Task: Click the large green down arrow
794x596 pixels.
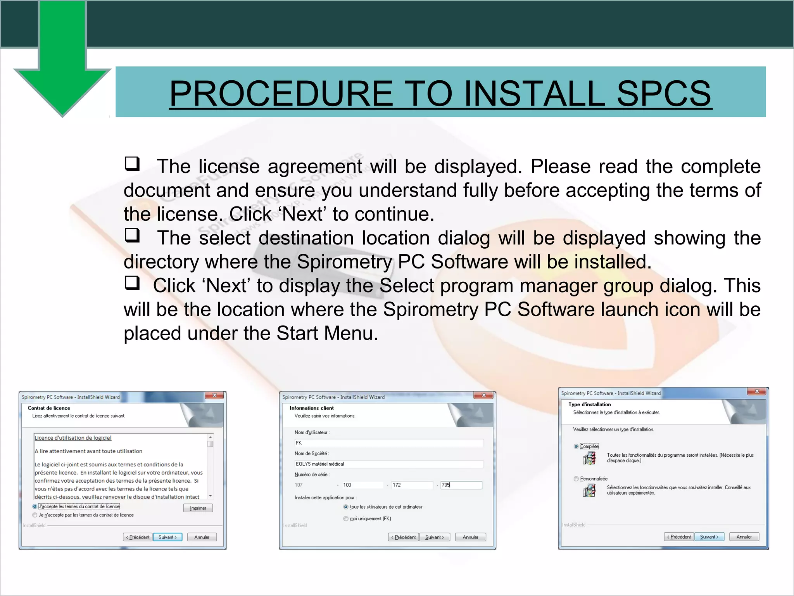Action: tap(62, 66)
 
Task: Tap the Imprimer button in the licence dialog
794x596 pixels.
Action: tap(198, 508)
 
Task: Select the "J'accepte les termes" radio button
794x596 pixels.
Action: tap(35, 506)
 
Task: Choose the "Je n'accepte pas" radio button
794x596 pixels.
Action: tap(35, 515)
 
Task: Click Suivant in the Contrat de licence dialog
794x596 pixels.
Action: tap(167, 537)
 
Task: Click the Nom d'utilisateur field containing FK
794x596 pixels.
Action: tap(388, 443)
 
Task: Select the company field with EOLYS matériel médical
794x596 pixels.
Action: tap(388, 464)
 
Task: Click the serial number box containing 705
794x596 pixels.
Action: tap(461, 485)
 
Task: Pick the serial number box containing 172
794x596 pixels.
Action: tap(411, 485)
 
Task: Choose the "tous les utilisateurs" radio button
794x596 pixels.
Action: tap(346, 507)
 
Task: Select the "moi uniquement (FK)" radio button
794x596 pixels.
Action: tap(346, 518)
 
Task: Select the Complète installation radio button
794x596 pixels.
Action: tap(576, 446)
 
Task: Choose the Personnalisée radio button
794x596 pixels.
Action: tap(576, 479)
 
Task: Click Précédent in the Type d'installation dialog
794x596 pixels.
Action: tap(679, 537)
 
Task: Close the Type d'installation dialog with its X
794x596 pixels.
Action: tap(757, 392)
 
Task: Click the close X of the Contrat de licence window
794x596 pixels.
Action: tap(214, 395)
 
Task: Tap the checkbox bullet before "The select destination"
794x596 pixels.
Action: tap(132, 235)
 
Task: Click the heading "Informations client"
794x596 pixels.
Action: tap(311, 408)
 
